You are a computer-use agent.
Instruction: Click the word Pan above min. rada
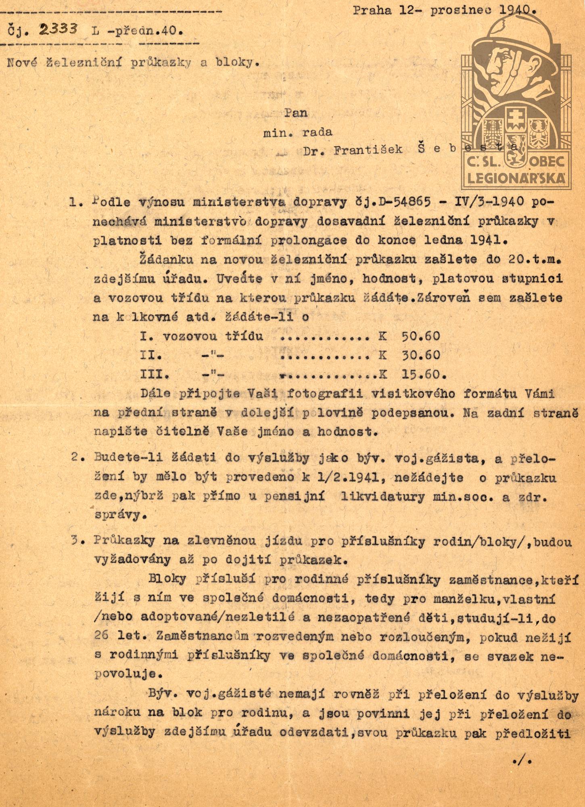pos(296,113)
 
